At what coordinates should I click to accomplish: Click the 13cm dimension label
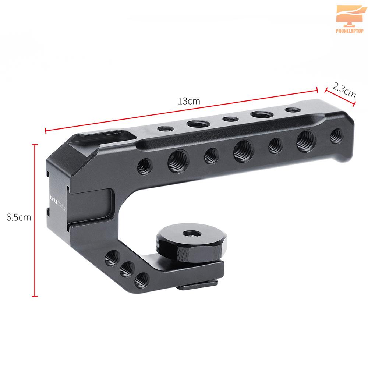(189, 101)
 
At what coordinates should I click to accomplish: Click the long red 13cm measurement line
(180, 110)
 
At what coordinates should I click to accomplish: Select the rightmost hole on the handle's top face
(292, 110)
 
